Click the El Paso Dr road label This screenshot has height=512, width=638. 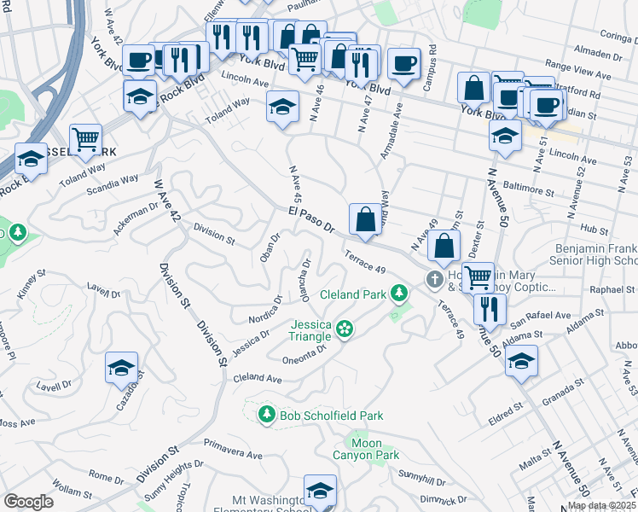tap(310, 219)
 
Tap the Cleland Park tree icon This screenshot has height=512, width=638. tap(397, 295)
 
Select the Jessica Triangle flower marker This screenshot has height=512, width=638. tap(345, 328)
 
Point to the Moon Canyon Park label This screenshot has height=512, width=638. tap(375, 449)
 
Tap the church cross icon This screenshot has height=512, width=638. tap(435, 279)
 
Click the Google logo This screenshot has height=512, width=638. tap(29, 501)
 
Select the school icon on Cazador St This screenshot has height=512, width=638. tap(121, 368)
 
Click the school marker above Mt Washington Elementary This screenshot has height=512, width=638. tap(320, 490)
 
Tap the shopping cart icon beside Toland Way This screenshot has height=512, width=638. tap(85, 138)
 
